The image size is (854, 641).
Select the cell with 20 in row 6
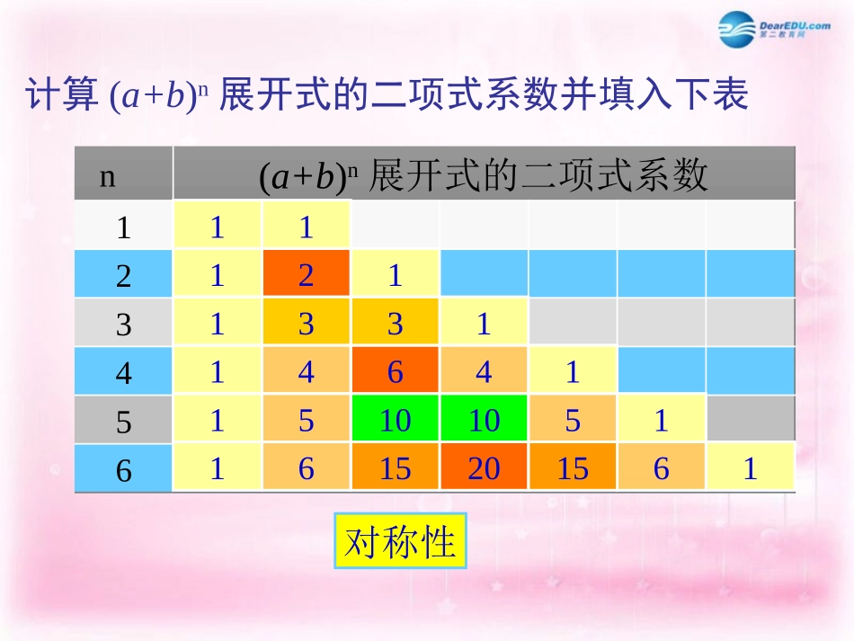pos(484,468)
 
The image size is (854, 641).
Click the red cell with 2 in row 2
pos(307,274)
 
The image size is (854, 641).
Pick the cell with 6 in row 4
pos(395,371)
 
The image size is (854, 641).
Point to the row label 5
pos(124,422)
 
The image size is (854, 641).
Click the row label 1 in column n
pos(124,227)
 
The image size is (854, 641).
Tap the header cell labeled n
pos(108,176)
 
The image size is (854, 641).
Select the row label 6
pos(124,470)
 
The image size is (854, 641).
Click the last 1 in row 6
pos(751,468)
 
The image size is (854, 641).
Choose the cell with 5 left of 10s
pos(307,420)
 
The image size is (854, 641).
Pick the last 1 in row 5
pos(662,420)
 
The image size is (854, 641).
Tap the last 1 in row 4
pos(573,371)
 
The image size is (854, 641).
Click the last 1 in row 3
pos(484,323)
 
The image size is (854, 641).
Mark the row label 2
pos(124,276)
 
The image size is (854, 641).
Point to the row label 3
pos(124,325)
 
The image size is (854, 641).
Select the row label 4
pos(124,373)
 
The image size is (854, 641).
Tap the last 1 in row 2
pos(395,274)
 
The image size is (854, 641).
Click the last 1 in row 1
pos(307,226)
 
